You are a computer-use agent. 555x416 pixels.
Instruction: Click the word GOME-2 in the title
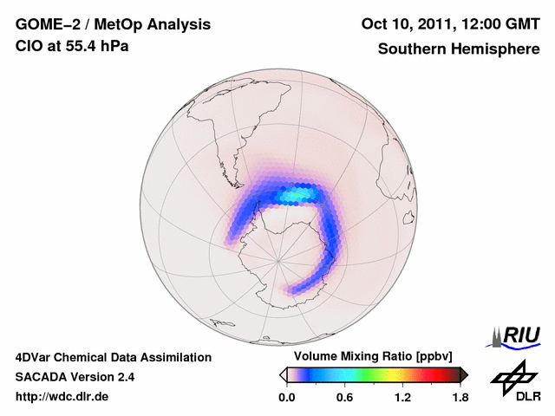coord(43,23)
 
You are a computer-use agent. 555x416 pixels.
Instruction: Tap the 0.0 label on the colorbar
coord(287,398)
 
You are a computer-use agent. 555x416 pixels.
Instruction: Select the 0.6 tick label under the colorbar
coord(344,398)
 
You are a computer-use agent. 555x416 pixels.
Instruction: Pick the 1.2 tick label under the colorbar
coord(402,398)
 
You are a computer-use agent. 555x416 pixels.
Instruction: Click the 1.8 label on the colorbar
coord(460,398)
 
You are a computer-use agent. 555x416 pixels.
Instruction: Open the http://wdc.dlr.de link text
coord(62,397)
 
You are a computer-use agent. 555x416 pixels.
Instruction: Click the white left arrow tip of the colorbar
coord(283,374)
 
